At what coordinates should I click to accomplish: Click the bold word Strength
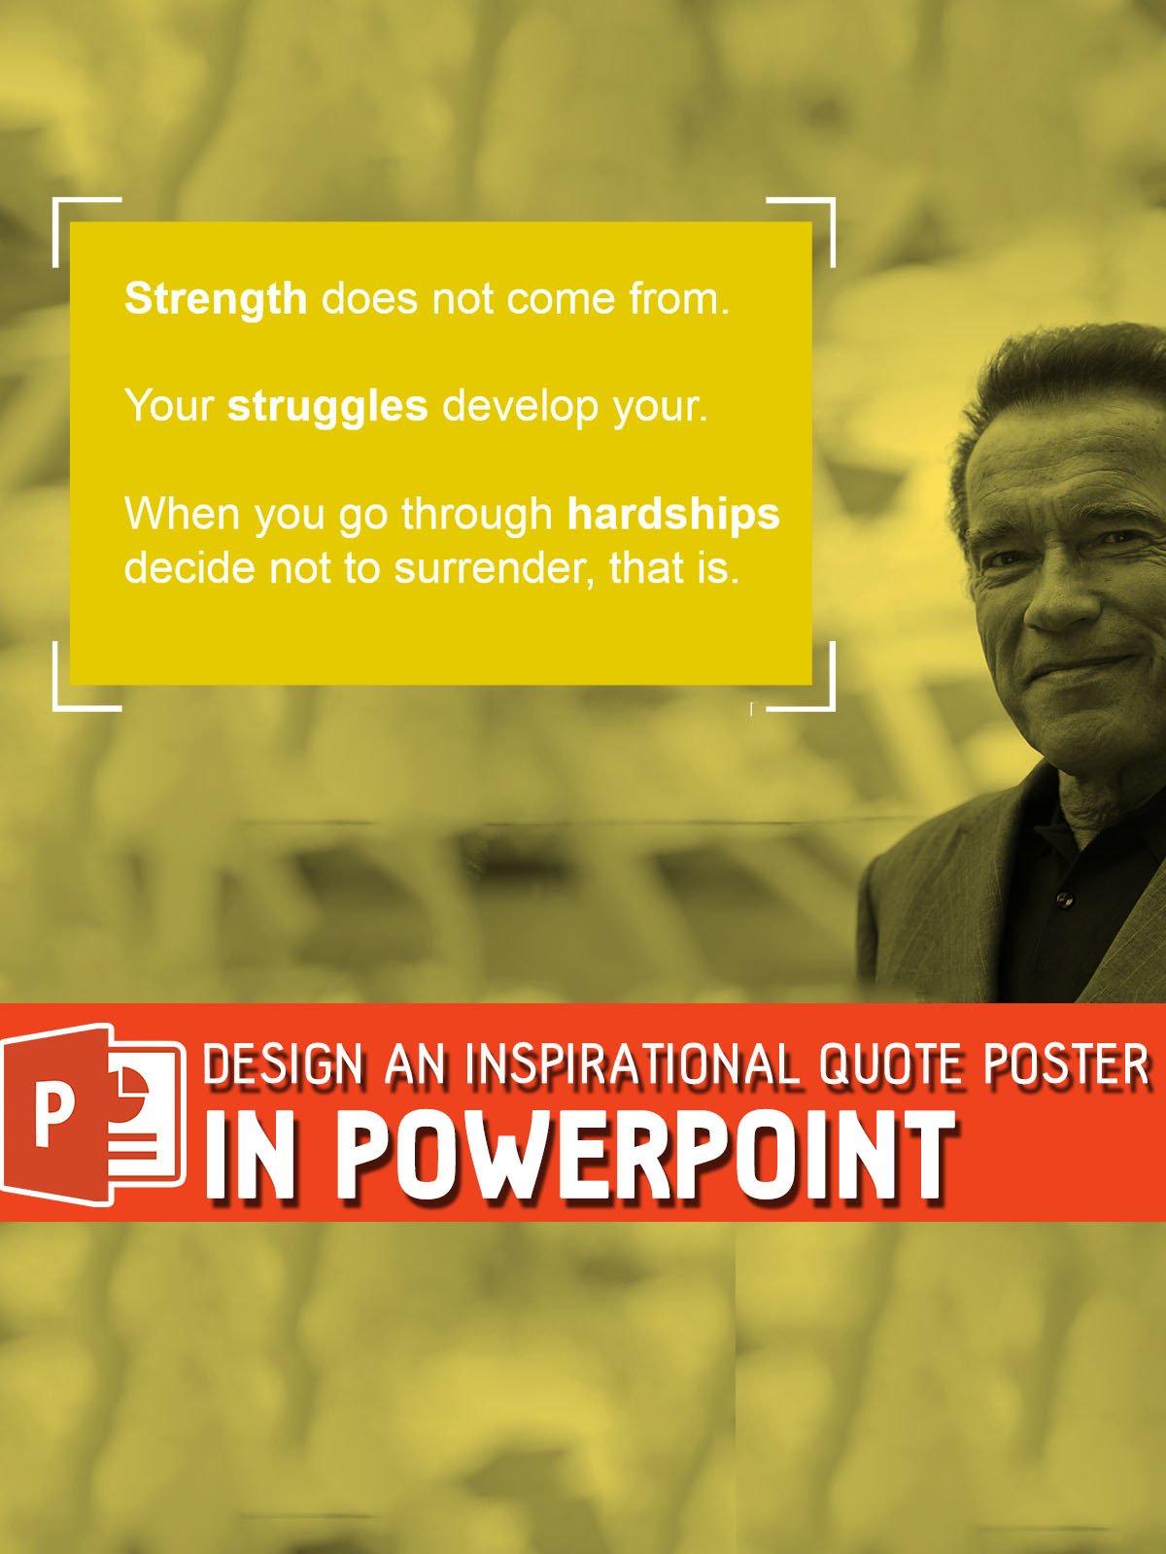click(x=216, y=298)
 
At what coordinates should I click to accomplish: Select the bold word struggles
click(x=327, y=406)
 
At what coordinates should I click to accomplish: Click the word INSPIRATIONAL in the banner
click(x=633, y=1066)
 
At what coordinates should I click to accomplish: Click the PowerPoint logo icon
click(x=93, y=1113)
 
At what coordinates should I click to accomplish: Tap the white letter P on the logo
click(x=53, y=1116)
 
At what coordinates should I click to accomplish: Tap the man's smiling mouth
click(x=1093, y=666)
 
